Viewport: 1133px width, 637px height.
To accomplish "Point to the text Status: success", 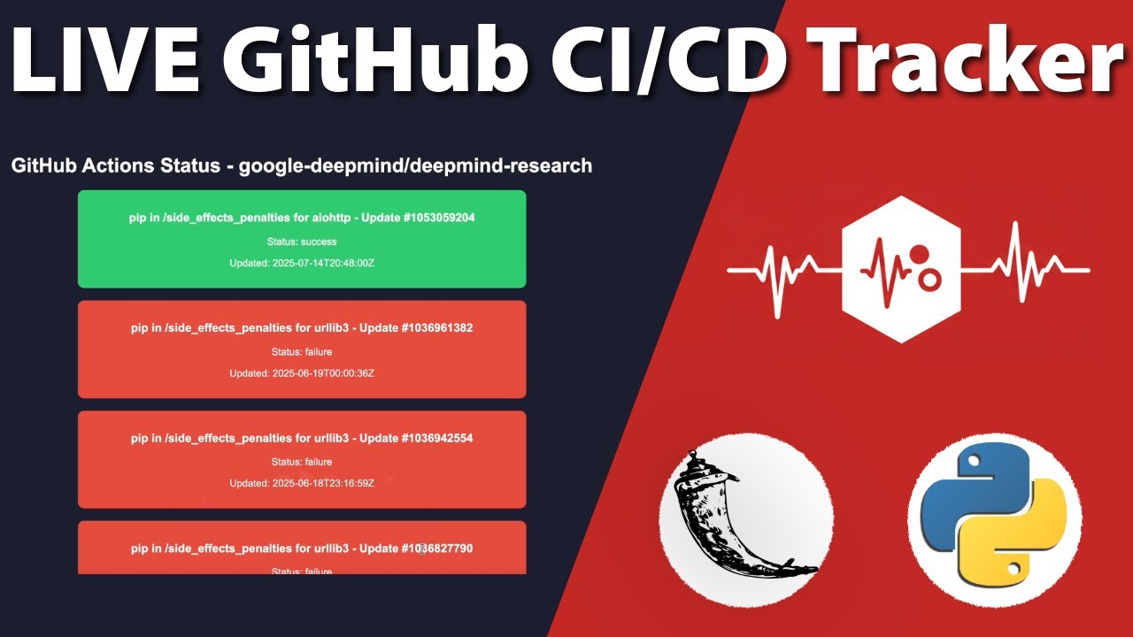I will coord(302,241).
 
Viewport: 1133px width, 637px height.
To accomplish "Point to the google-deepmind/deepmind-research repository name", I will coord(415,165).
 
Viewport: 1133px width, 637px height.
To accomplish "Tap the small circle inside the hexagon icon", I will coord(929,280).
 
